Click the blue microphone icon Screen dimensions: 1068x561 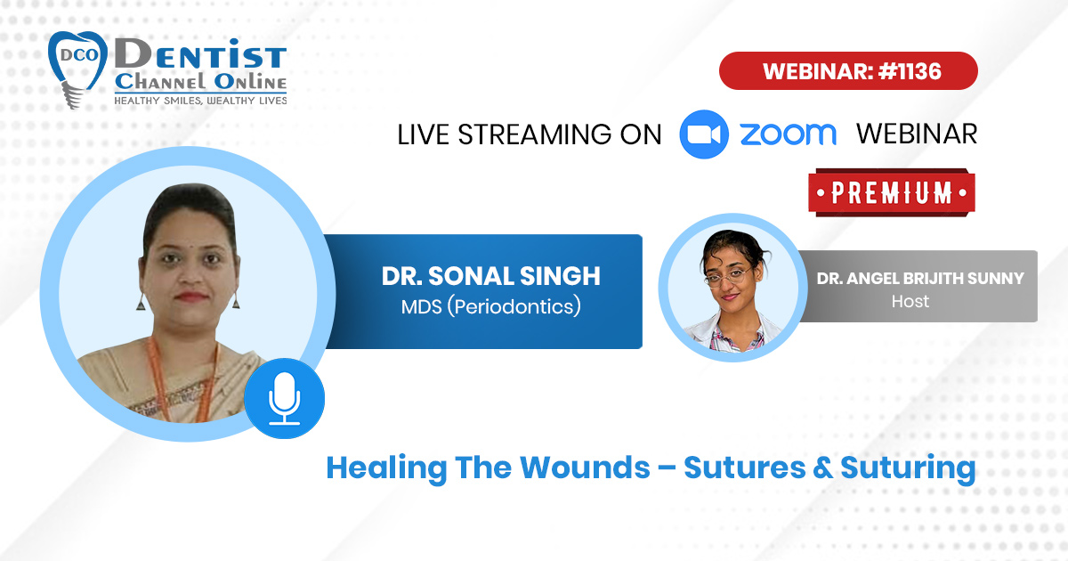[284, 398]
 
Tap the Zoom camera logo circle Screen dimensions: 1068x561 [704, 134]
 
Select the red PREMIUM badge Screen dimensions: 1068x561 [892, 192]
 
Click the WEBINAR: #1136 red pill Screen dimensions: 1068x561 [848, 70]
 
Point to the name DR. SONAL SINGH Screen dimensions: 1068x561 [490, 276]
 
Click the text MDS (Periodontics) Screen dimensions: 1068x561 [490, 306]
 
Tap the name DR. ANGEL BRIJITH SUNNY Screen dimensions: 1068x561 [920, 278]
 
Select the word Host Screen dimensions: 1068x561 [910, 302]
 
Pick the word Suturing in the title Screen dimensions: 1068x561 [909, 469]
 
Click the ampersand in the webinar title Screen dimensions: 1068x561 [823, 468]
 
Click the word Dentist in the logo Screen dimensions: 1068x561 [200, 54]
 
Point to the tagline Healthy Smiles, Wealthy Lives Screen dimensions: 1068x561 [200, 101]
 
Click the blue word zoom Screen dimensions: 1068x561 [789, 134]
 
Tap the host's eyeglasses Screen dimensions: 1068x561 [729, 276]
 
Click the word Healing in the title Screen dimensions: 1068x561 [386, 469]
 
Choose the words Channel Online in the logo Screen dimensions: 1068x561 [200, 82]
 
